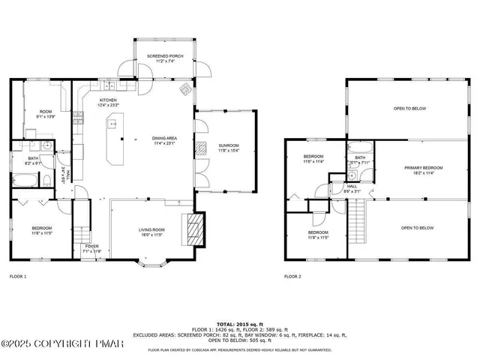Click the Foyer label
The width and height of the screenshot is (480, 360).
(91, 247)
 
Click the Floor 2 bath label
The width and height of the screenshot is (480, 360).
(359, 159)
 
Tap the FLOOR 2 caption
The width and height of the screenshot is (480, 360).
(292, 277)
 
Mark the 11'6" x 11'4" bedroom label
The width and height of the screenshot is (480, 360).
(313, 159)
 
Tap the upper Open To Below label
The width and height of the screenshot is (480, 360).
(410, 109)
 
